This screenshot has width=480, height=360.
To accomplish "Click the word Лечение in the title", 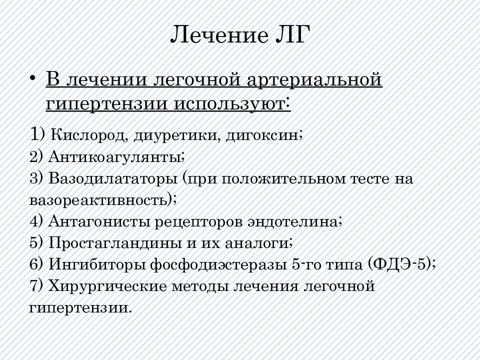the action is coord(219,34).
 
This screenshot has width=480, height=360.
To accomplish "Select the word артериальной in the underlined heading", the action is coord(314,80).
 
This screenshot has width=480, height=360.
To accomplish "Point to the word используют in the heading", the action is coord(231,104).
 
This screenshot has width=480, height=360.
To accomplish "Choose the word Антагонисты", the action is coord(99,221).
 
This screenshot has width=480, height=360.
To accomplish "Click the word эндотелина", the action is coord(294,221).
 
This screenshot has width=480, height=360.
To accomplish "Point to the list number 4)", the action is coord(36,221).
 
